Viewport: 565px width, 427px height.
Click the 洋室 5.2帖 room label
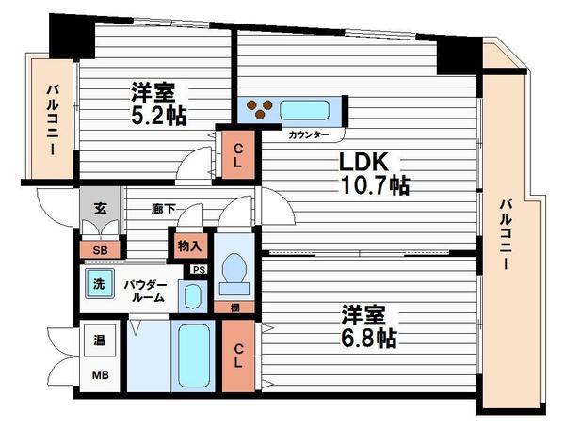[x=158, y=103]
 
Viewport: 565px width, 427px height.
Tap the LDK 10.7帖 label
[x=375, y=174]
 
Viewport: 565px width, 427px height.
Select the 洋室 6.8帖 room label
[x=369, y=326]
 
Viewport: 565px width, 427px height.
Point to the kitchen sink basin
[x=305, y=111]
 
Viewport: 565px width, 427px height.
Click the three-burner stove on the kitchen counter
[x=260, y=109]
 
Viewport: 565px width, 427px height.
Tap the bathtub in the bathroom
[x=194, y=356]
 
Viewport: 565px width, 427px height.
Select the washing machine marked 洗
[x=100, y=284]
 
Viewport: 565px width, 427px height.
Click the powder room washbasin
[x=193, y=296]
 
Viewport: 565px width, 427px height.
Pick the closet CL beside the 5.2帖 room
[x=238, y=154]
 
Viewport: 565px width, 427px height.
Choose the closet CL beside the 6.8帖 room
[x=238, y=356]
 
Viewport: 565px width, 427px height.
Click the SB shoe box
[x=100, y=250]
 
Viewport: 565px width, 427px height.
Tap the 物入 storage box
[x=189, y=246]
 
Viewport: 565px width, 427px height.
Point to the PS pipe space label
[x=199, y=270]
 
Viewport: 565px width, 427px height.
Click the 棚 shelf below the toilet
[x=234, y=308]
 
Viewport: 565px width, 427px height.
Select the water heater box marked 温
[x=100, y=340]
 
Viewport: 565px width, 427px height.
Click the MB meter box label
[x=101, y=375]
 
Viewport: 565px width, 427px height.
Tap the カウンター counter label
[x=309, y=135]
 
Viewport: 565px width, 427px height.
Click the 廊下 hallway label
[x=163, y=209]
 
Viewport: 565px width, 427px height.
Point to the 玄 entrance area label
[x=101, y=209]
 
